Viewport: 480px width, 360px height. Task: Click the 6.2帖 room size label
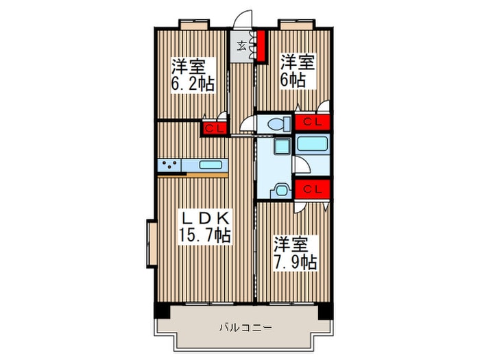192,75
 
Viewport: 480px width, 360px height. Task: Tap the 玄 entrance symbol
242,47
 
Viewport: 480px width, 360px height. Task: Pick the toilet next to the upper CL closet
278,125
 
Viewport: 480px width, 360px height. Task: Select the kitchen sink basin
211,165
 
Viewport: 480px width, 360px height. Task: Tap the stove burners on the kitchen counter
169,165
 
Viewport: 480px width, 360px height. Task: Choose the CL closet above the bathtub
313,123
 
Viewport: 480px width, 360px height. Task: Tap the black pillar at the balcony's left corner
160,311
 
